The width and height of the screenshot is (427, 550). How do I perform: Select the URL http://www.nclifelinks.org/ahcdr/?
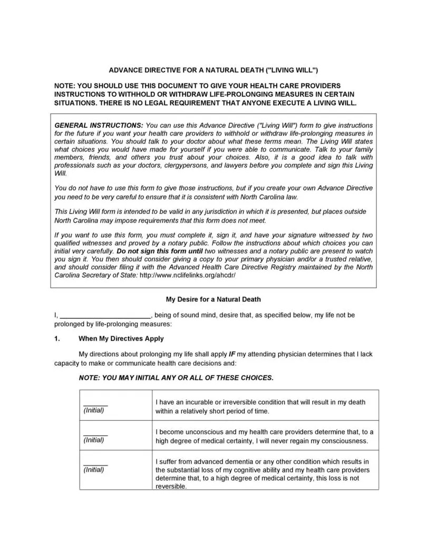coord(187,276)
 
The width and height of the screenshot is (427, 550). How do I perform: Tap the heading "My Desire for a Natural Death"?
coord(213,299)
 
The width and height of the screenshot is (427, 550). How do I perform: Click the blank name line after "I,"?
coord(105,316)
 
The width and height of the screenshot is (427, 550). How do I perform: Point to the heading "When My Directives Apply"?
coord(121,338)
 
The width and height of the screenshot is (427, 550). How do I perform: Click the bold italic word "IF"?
coord(232,354)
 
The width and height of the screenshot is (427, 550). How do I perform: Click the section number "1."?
coord(57,338)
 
